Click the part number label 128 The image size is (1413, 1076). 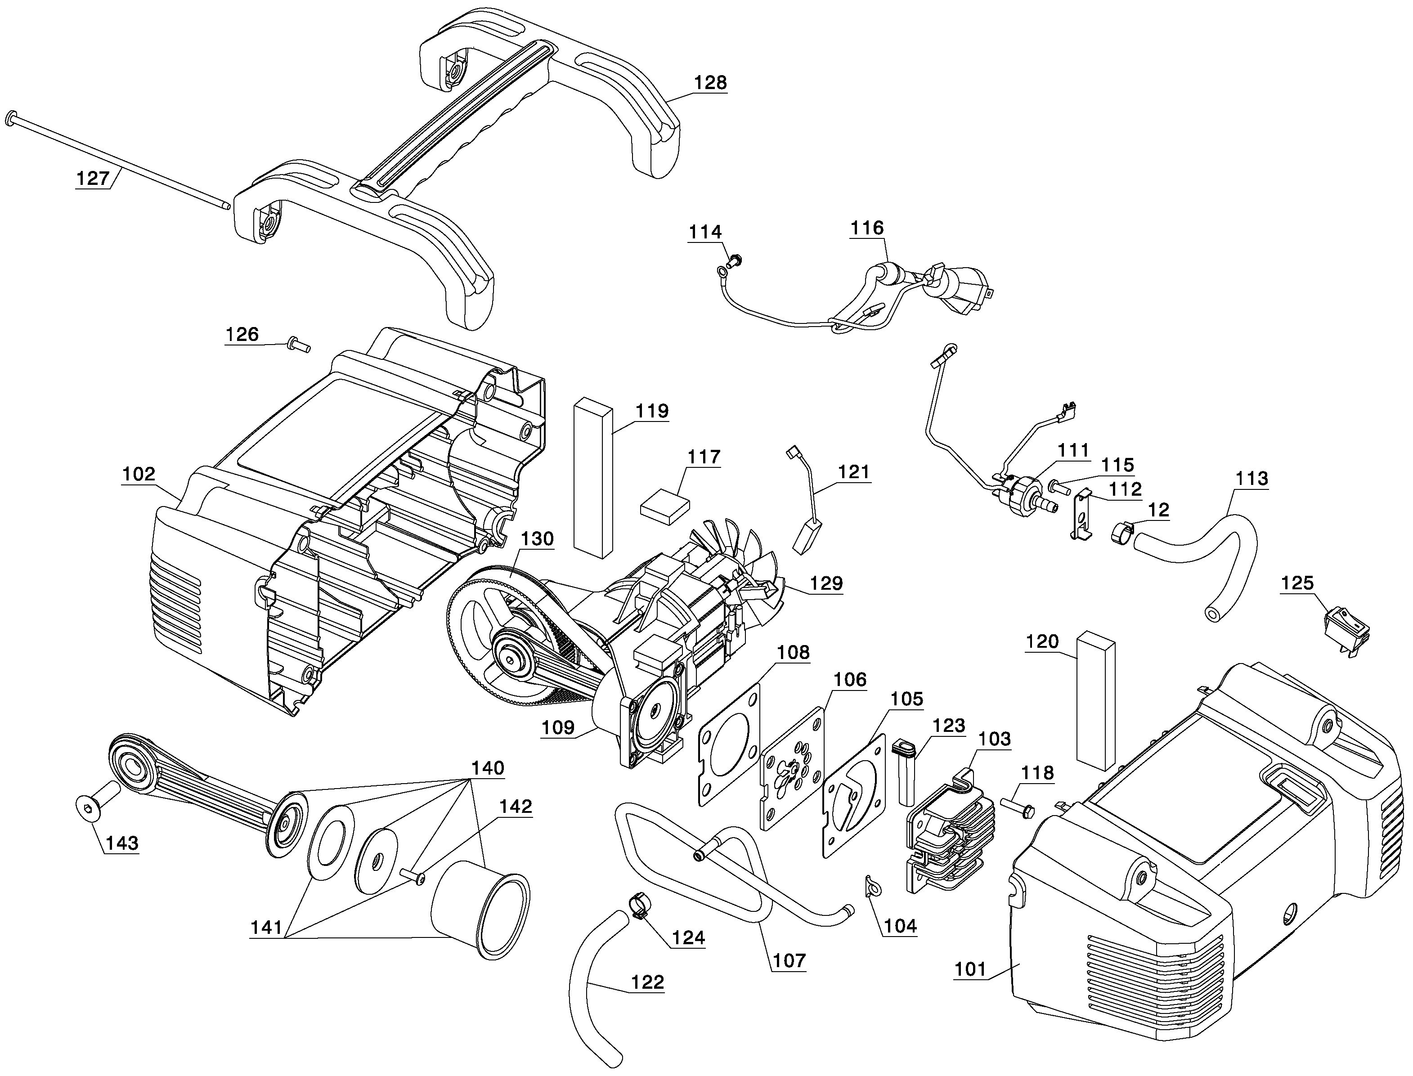tap(710, 83)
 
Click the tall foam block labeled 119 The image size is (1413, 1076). tap(593, 477)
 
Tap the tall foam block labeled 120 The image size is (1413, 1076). tap(1095, 700)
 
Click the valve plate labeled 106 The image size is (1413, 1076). tap(792, 767)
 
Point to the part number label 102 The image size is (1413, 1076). tap(139, 474)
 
